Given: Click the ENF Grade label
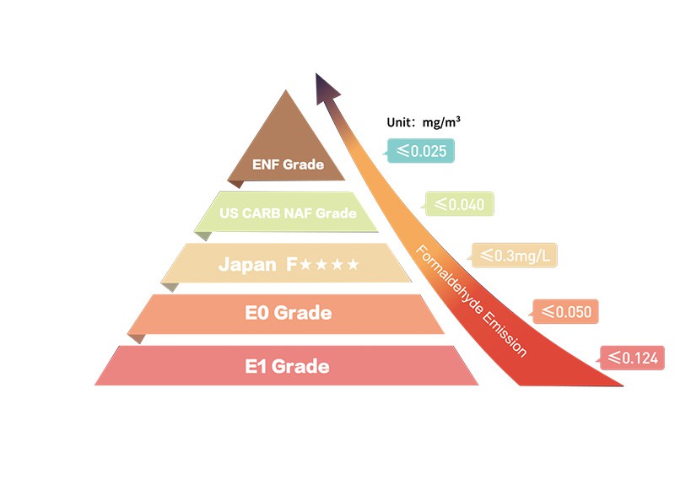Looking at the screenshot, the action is click(x=288, y=164).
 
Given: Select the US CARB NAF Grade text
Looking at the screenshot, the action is click(x=288, y=213).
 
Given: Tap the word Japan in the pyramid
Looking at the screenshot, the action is click(x=247, y=265).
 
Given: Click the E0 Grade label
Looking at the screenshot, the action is click(x=289, y=313).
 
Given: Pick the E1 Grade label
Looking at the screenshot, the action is click(x=287, y=366).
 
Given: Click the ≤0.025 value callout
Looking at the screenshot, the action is click(x=419, y=151).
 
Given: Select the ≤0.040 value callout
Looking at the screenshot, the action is click(x=458, y=204).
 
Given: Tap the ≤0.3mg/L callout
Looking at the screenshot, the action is click(x=513, y=256).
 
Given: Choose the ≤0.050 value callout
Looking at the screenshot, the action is click(x=564, y=311).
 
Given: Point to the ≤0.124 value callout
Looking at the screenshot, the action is click(x=631, y=358).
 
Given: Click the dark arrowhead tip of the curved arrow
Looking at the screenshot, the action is click(x=316, y=73).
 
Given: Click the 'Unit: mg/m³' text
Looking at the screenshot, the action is click(x=424, y=122).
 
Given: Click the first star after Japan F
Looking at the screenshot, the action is click(x=305, y=264).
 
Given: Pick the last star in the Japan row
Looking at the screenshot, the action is click(x=353, y=264).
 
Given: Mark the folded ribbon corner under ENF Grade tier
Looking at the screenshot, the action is click(x=236, y=184).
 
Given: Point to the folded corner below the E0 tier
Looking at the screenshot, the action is click(x=137, y=338).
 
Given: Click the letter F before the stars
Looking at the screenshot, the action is click(x=292, y=264).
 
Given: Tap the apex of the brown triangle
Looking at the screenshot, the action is click(x=286, y=90).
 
